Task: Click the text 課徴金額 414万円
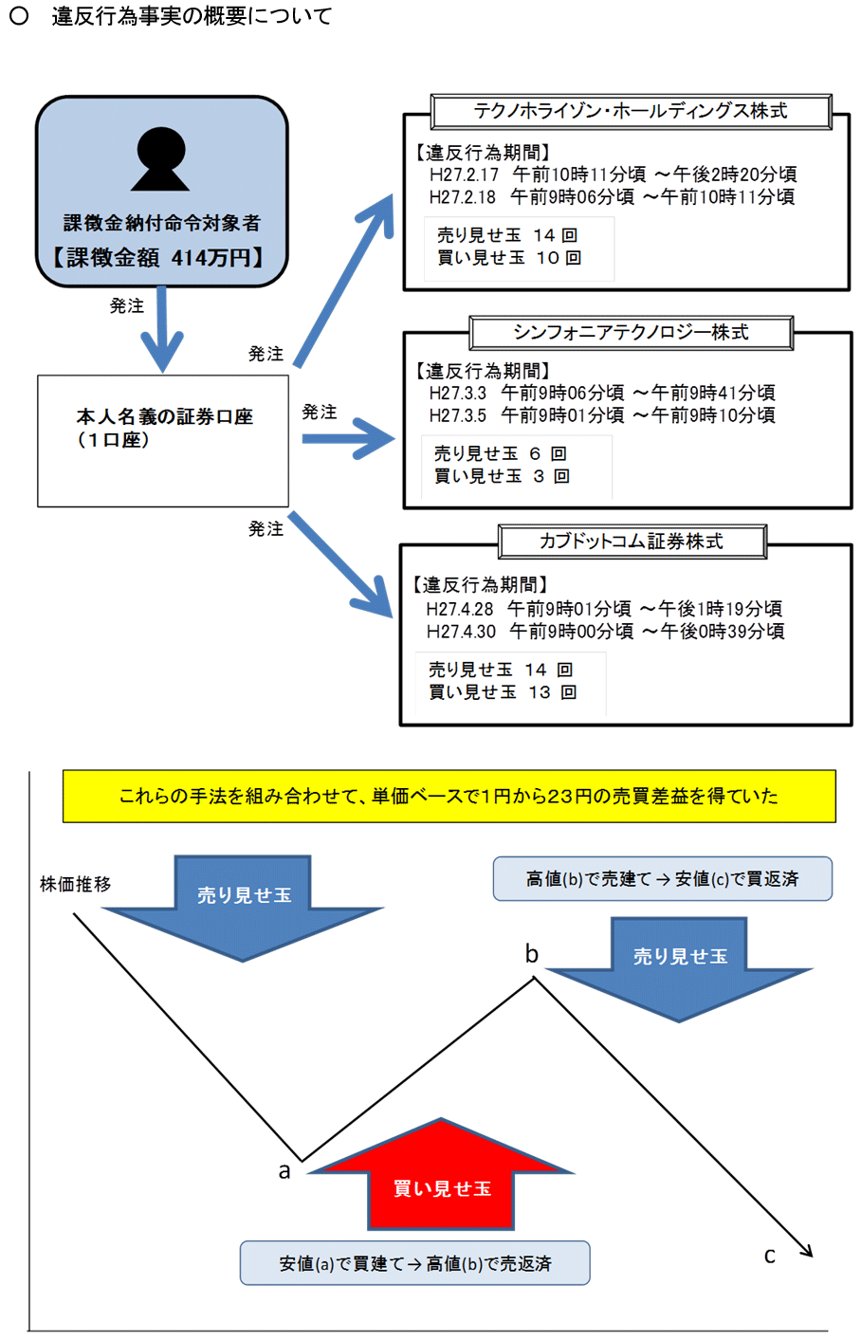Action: [x=160, y=257]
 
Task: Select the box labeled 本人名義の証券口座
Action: [x=163, y=440]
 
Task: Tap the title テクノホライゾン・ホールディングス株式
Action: [x=631, y=111]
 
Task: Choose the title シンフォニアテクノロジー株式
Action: [x=631, y=332]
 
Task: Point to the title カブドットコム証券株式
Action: [x=632, y=542]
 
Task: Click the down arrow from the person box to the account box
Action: [x=162, y=328]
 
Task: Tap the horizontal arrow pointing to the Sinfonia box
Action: [x=347, y=439]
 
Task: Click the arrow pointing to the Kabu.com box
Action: [x=341, y=565]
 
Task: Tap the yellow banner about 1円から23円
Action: [x=449, y=796]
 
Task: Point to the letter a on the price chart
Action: [x=284, y=1171]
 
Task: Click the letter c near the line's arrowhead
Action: [x=770, y=1256]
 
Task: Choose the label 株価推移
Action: [x=76, y=884]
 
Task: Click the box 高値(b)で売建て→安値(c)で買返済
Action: [x=662, y=879]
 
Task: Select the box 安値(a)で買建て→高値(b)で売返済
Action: [x=415, y=1263]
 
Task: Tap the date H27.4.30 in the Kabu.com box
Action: [x=461, y=632]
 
